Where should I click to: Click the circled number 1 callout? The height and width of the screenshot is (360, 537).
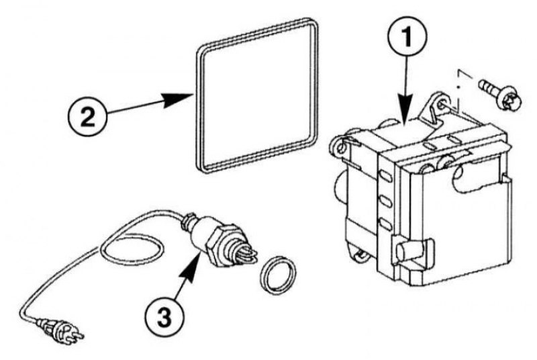pos(407,37)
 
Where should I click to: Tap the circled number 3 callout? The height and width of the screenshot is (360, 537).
pos(164,317)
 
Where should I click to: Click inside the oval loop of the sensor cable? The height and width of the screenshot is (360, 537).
pos(132,249)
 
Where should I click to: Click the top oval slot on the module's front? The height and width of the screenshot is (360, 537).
pos(386,177)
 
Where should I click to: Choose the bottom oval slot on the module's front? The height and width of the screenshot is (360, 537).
pos(386,225)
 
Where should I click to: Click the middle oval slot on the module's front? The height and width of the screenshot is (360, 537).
pos(386,201)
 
